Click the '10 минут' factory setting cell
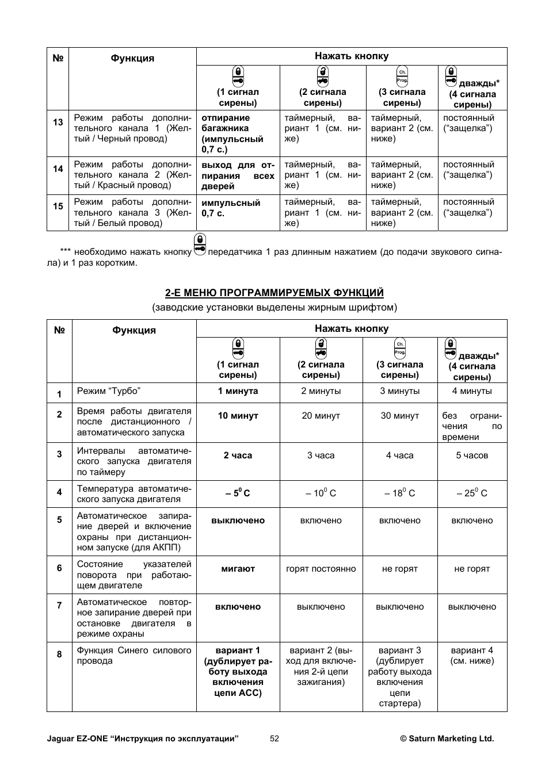[x=238, y=416]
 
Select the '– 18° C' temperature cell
[x=399, y=493]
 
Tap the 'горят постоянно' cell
[x=321, y=569]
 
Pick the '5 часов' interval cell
[x=472, y=456]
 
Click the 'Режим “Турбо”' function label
[x=109, y=391]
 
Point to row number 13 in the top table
[x=58, y=122]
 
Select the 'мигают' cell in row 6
[x=238, y=569]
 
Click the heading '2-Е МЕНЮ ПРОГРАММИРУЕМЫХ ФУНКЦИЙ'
[x=274, y=293]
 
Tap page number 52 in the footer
[x=274, y=738]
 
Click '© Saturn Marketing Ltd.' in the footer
[x=447, y=738]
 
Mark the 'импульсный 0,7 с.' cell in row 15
[x=230, y=208]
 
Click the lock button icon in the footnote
[x=200, y=244]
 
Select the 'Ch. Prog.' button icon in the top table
[x=402, y=76]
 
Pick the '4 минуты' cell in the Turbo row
[x=472, y=391]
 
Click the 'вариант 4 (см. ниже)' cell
[x=472, y=656]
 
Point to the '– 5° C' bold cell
[x=238, y=493]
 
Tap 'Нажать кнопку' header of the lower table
[x=352, y=328]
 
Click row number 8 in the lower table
[x=59, y=654]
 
